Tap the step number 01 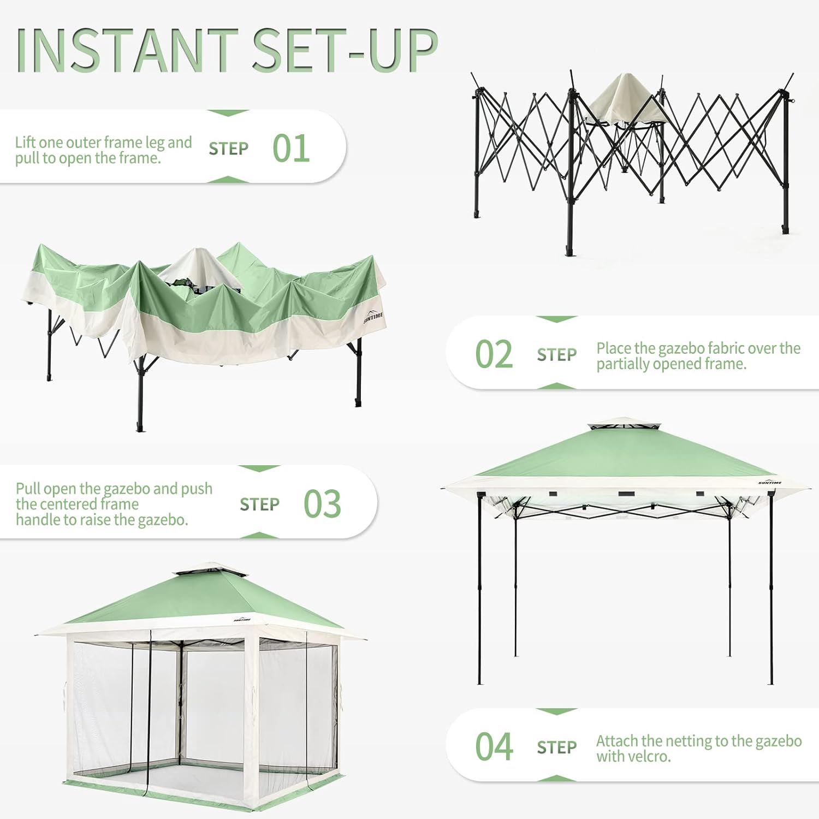(x=291, y=148)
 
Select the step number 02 (x=494, y=354)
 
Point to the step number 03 (x=322, y=503)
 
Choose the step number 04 (x=494, y=746)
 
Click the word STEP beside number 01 (x=228, y=149)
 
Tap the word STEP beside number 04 (x=556, y=747)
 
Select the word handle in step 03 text (x=35, y=519)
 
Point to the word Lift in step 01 (x=25, y=143)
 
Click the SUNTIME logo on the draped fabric (x=373, y=317)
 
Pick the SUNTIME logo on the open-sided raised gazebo (x=770, y=482)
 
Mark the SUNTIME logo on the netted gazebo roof (x=242, y=620)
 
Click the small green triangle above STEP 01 (x=228, y=113)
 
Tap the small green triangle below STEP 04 (x=556, y=778)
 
